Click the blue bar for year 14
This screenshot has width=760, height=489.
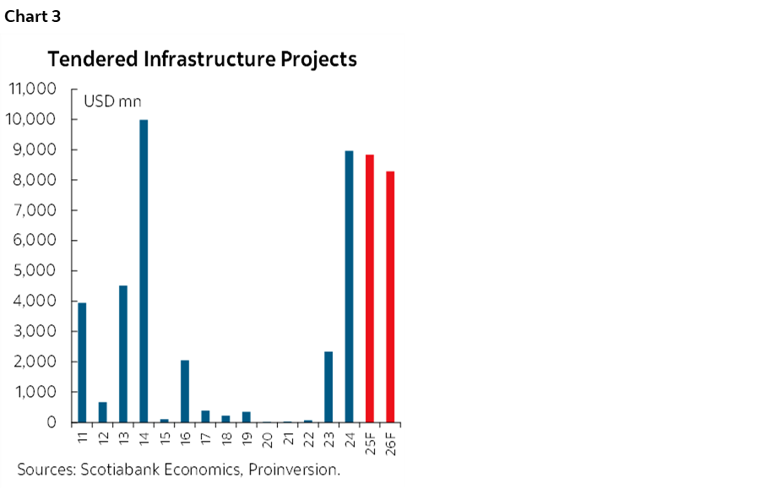[x=144, y=270]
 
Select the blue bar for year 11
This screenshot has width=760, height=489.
[x=82, y=362]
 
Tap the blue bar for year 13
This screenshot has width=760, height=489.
[x=123, y=354]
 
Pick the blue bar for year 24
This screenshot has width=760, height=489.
[x=349, y=286]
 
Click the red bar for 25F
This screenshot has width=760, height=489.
[x=369, y=288]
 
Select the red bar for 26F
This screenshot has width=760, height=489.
[x=390, y=296]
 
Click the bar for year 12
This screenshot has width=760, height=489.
[x=103, y=412]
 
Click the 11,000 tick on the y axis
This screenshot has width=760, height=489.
[x=31, y=89]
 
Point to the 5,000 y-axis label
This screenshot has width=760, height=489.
[x=36, y=270]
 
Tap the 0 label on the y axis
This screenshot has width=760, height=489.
[x=52, y=422]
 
